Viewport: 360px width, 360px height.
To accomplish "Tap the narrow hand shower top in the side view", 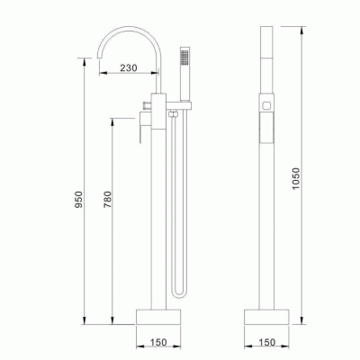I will (x=265, y=54).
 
